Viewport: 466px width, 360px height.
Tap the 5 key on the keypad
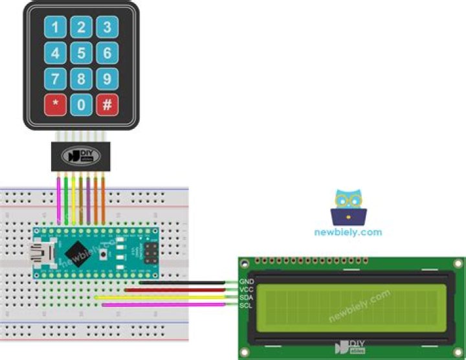81,52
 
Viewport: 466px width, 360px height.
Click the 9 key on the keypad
107,79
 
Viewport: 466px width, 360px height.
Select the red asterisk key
55,104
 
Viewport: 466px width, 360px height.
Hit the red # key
107,104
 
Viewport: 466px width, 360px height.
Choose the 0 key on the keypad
81,104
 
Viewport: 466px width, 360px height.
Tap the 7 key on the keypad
55,79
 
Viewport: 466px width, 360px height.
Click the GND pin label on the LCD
246,282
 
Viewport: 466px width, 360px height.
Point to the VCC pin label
246,289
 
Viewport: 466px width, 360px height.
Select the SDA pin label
246,297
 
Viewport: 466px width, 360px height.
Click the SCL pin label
246,305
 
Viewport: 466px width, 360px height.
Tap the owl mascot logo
348,207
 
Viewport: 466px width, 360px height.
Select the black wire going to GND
188,283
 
